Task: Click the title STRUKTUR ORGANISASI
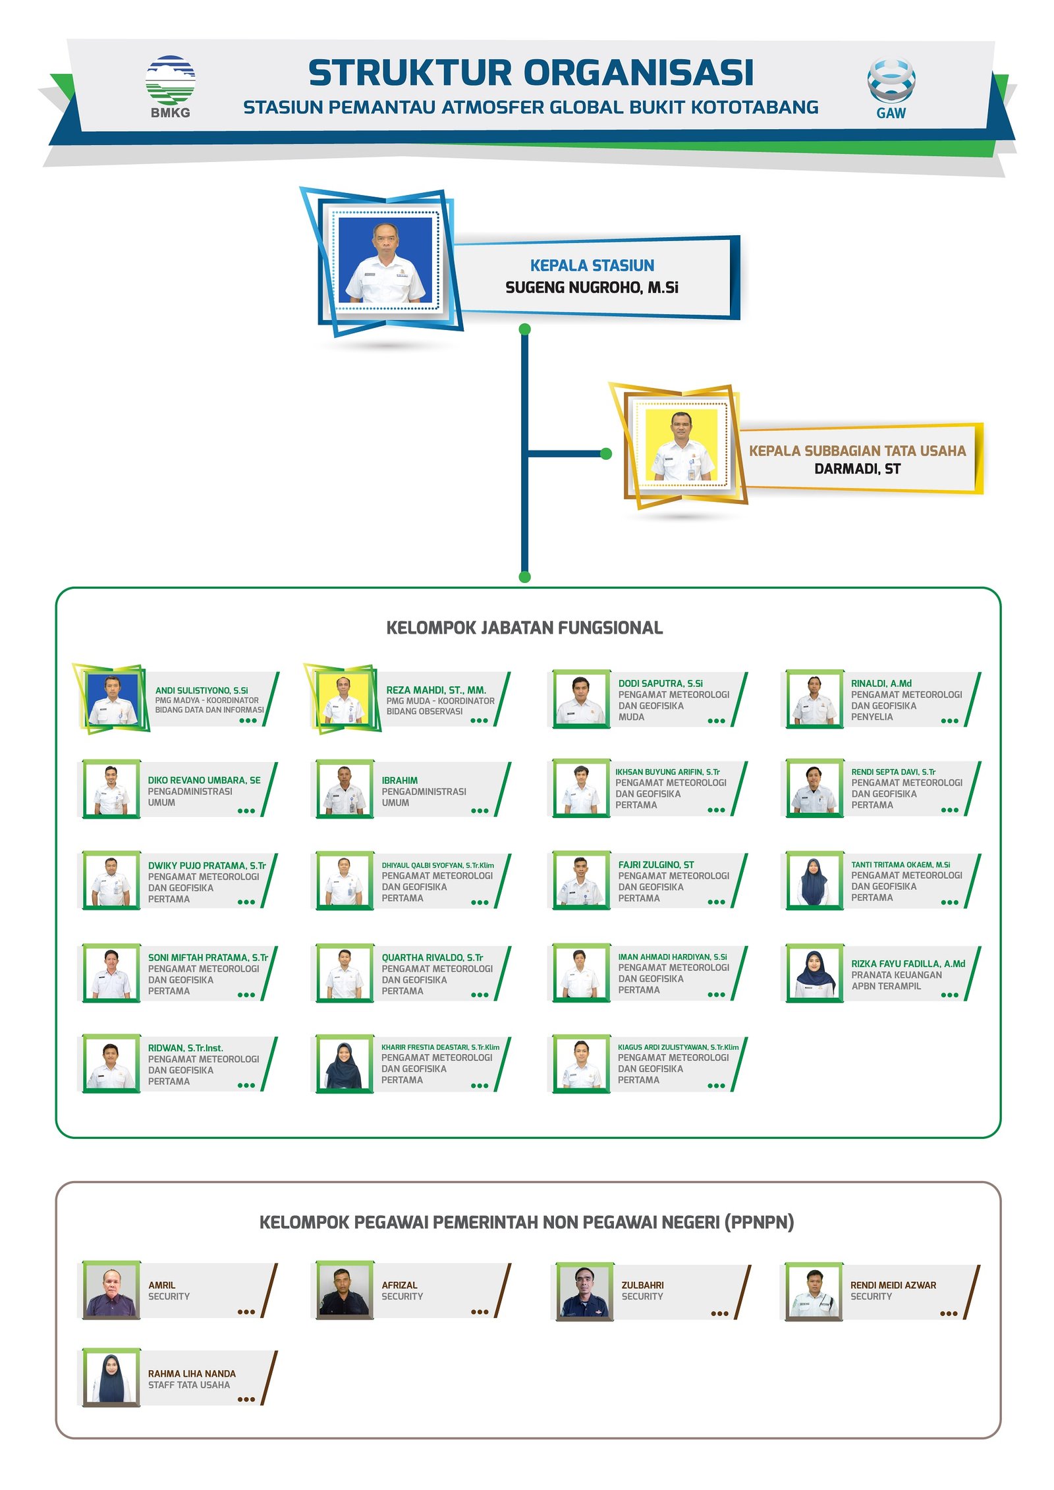[531, 73]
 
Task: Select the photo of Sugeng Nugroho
[385, 261]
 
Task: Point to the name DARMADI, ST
[857, 469]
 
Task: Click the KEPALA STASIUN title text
[592, 265]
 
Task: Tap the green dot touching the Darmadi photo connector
[606, 453]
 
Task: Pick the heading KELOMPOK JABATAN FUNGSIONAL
[524, 628]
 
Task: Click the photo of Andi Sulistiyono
[113, 698]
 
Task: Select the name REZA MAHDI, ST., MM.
[436, 690]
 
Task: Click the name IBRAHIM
[399, 780]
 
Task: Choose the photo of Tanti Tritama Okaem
[814, 881]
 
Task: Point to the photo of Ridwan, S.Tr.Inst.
[111, 1064]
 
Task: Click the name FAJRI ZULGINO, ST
[655, 864]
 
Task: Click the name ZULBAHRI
[642, 1284]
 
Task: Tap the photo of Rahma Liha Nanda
[111, 1378]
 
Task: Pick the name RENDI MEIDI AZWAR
[893, 1284]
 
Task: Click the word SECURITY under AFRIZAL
[402, 1296]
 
